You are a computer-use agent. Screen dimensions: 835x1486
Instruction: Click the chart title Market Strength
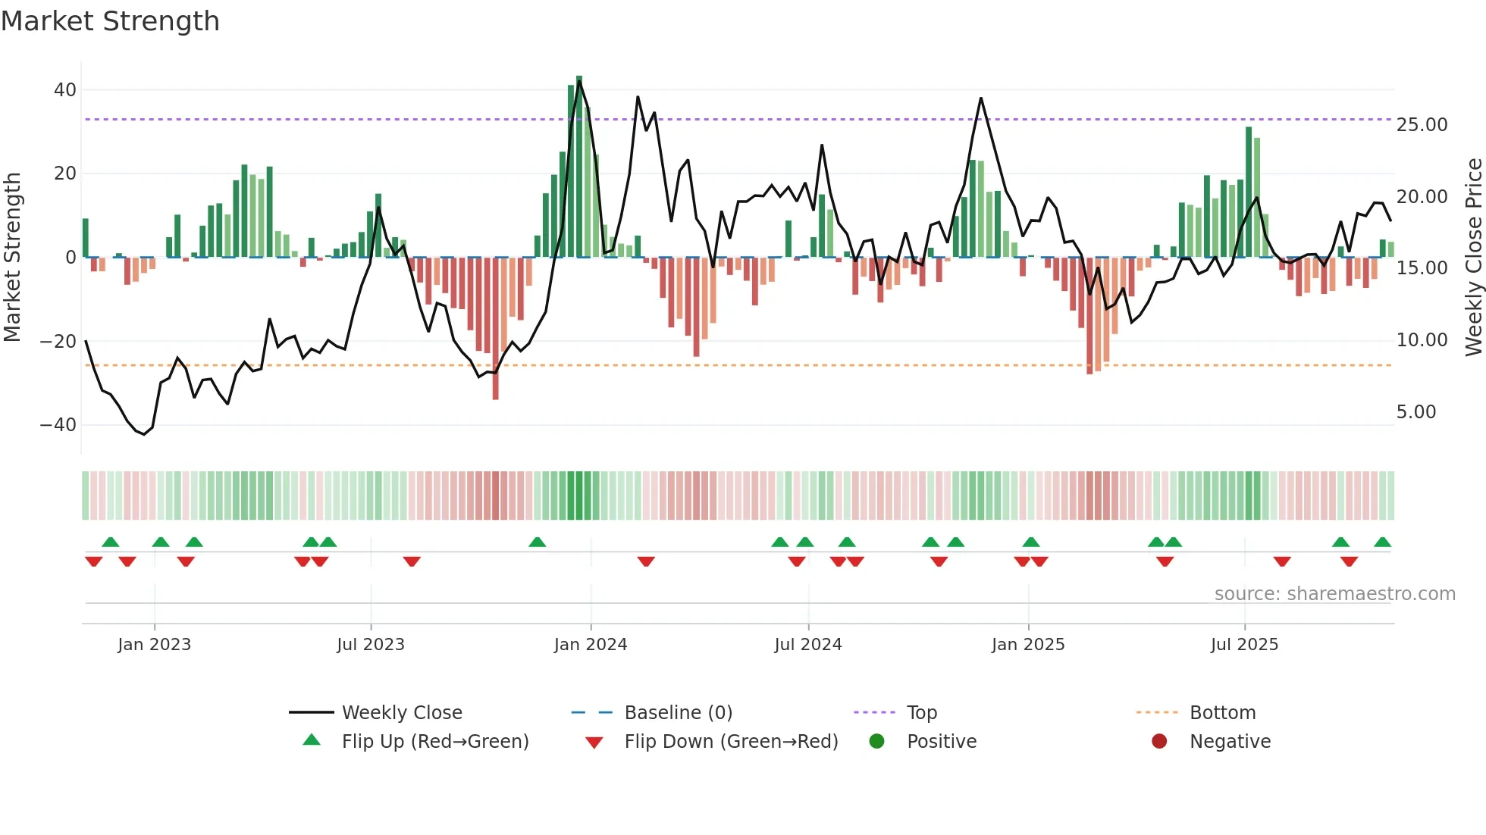[x=110, y=21]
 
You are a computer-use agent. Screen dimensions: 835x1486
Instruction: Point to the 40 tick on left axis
[x=65, y=90]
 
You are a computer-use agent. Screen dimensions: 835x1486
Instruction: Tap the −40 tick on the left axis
[x=58, y=425]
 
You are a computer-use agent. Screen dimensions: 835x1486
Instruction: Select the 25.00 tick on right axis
[x=1422, y=125]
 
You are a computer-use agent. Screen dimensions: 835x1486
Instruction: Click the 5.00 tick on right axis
[x=1416, y=412]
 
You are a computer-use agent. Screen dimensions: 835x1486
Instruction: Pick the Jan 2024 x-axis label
[x=591, y=645]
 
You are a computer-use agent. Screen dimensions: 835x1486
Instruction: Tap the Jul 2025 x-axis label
[x=1244, y=645]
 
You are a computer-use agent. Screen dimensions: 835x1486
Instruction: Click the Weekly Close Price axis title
[x=1473, y=258]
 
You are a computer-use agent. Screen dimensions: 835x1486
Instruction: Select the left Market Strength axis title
[x=13, y=258]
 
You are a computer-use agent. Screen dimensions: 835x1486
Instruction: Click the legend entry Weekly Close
[x=402, y=713]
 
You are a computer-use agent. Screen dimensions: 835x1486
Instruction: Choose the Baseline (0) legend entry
[x=678, y=713]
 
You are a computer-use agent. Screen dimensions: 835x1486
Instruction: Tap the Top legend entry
[x=922, y=713]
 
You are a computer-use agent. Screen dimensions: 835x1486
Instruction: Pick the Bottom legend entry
[x=1222, y=713]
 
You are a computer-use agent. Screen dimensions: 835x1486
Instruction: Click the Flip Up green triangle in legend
[x=312, y=740]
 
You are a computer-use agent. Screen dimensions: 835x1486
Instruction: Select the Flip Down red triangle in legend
[x=594, y=743]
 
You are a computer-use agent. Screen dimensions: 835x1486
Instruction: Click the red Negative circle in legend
[x=1159, y=741]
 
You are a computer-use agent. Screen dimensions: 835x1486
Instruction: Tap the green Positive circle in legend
[x=876, y=741]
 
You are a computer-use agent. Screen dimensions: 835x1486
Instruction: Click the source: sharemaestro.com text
[x=1334, y=594]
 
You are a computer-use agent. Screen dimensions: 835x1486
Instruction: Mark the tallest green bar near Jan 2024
[x=579, y=167]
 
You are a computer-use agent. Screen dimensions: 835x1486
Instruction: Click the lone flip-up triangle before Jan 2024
[x=537, y=543]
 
